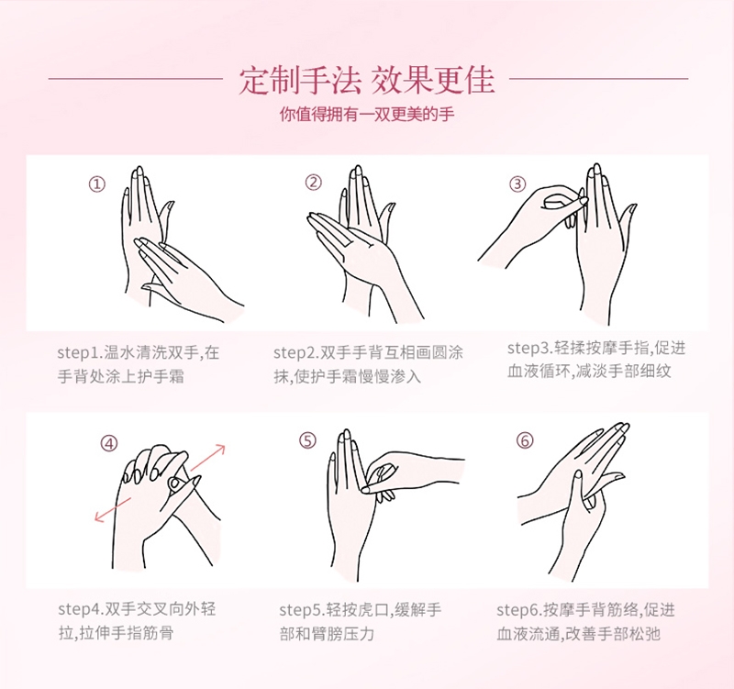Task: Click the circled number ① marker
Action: pos(97,184)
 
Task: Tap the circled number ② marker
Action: pos(314,183)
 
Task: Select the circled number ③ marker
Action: pos(517,184)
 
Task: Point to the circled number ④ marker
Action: pos(109,443)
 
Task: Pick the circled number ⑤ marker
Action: pos(307,440)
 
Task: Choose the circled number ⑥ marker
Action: pos(525,440)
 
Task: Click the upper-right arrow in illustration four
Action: pos(208,457)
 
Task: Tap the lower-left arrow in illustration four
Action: pos(113,509)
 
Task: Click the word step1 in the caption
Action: pos(78,352)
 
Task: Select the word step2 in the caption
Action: pos(295,352)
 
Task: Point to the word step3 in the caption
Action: pos(528,349)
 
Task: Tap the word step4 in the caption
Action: pos(79,609)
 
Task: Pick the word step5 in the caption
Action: pos(300,610)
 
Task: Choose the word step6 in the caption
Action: pos(517,610)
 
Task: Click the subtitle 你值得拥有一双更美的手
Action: pos(367,114)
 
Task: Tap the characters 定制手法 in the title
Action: pos(300,81)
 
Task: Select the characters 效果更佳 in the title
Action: pos(433,81)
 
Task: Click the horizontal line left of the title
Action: pos(135,79)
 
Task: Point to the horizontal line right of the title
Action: pos(598,79)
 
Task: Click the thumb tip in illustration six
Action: pos(579,475)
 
